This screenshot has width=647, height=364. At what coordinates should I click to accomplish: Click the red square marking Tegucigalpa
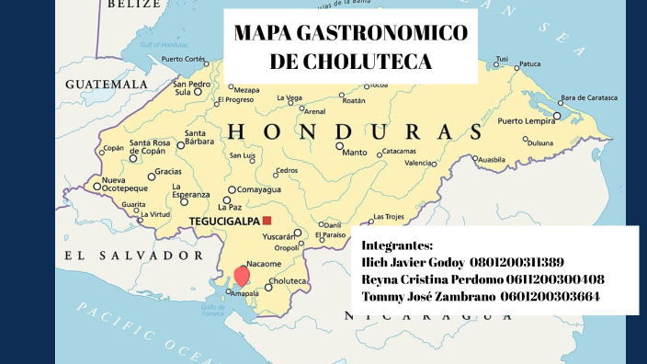tap(267, 221)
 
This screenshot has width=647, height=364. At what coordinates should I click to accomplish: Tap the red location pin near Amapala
tap(242, 275)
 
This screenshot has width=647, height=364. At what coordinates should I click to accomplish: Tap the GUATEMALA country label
tap(107, 84)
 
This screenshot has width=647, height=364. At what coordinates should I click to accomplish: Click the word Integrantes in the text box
tap(397, 245)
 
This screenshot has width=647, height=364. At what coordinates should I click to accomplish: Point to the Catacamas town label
tap(399, 151)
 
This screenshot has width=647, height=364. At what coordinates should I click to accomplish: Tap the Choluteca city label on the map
tap(289, 281)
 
